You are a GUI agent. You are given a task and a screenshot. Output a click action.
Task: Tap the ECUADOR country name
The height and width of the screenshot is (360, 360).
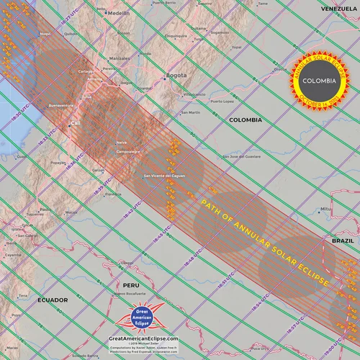coord(53,300)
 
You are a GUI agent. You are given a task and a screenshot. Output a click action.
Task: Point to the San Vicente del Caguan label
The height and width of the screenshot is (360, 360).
coord(167,175)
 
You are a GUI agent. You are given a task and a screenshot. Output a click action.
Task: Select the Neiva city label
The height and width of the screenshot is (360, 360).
coord(120,143)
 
